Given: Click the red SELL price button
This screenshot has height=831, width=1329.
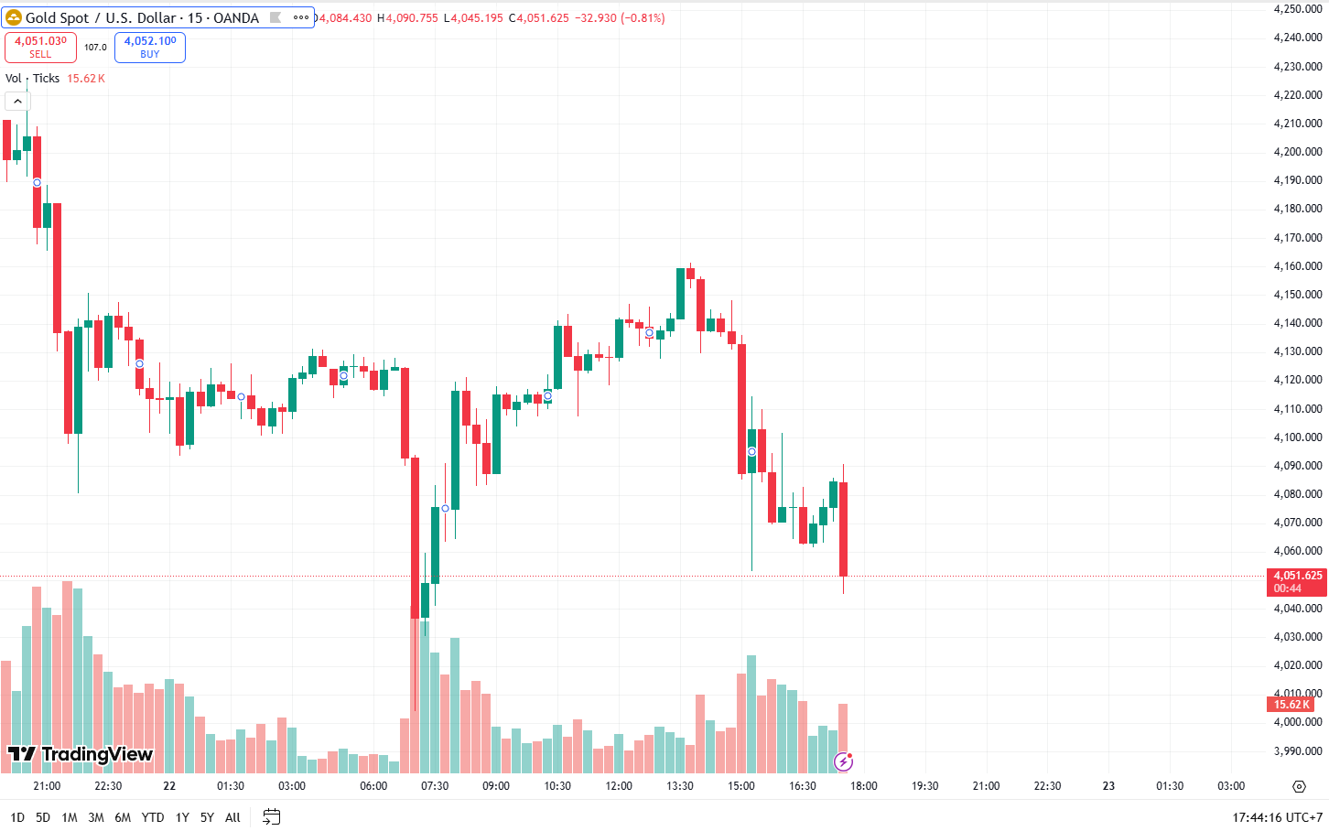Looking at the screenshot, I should point(40,47).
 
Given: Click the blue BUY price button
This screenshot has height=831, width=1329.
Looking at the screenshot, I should point(150,47).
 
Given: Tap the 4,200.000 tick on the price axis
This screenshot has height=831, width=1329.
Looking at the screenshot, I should point(1298,152).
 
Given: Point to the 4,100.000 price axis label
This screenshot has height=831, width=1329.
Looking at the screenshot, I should point(1298,437).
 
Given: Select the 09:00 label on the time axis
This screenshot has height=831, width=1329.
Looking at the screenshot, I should point(496,786).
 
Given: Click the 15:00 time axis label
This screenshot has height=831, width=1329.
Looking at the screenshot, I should point(741,786).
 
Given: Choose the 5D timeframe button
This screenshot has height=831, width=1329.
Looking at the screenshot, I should point(43,817).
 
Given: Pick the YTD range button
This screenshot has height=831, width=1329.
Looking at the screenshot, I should point(153,817).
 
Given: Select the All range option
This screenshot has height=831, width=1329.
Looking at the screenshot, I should point(232,817).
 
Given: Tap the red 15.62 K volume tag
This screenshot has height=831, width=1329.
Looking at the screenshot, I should point(1291,704).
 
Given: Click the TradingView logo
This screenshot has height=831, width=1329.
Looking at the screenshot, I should point(81,754).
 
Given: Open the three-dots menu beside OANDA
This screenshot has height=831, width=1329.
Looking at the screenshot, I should point(301,17).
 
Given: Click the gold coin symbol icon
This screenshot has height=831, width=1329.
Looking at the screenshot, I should point(14,17).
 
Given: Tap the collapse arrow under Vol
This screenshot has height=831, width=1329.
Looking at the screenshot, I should point(17,101).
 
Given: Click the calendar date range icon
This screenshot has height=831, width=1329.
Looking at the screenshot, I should point(271,816).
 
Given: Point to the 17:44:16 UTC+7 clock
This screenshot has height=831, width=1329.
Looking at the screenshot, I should point(1277,817).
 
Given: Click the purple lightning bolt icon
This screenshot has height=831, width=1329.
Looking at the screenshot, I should point(843,761).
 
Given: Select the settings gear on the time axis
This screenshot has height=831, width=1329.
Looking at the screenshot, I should point(1299,786).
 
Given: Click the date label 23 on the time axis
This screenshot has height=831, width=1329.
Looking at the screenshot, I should point(1108,786).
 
